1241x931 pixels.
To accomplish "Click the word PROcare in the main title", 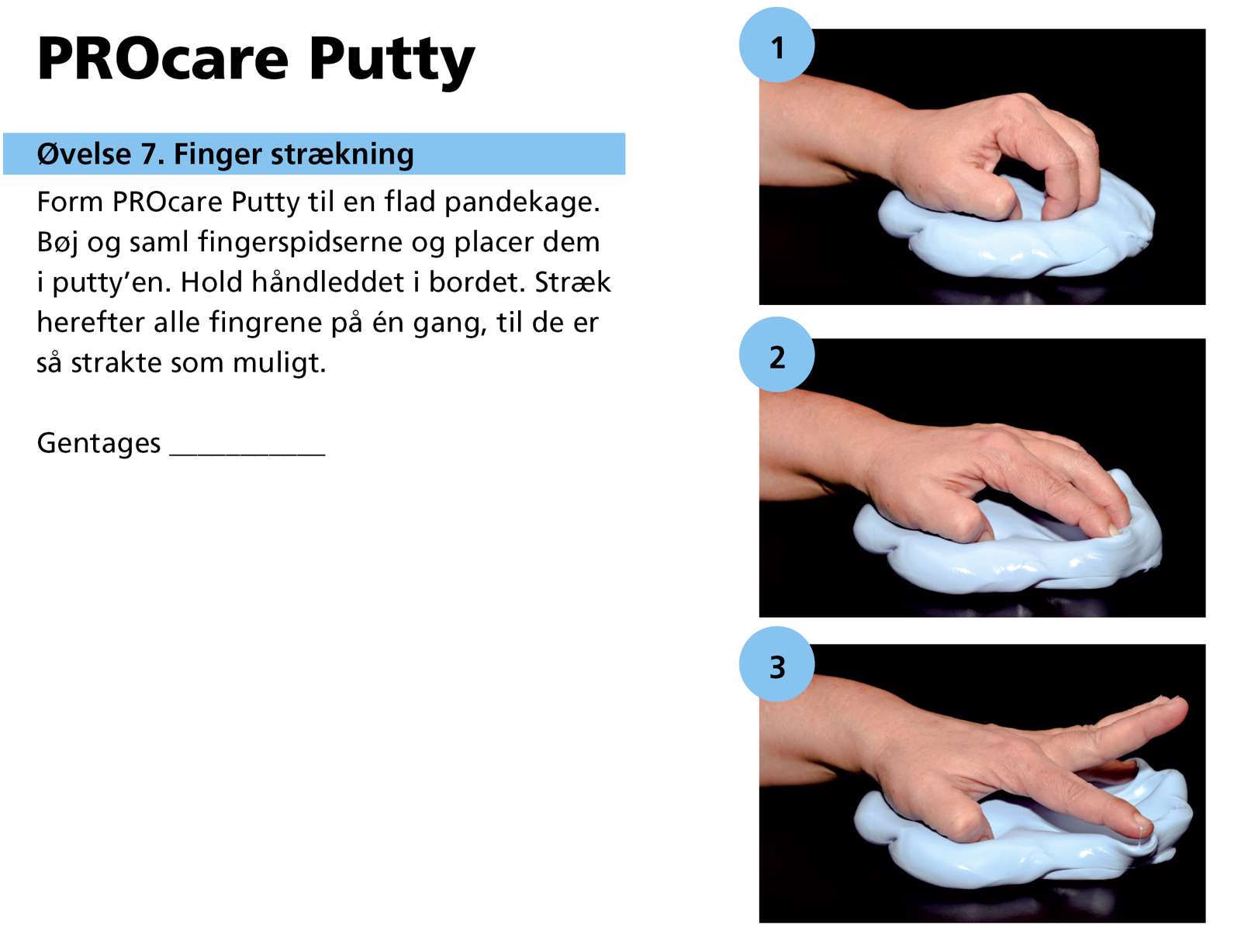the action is (x=163, y=59).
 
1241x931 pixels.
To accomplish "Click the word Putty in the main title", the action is (x=392, y=62).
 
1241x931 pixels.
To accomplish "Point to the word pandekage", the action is (x=522, y=202).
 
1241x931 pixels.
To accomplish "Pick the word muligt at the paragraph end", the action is (x=279, y=363).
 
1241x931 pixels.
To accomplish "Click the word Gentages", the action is (x=99, y=444).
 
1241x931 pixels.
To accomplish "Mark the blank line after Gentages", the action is (x=247, y=454).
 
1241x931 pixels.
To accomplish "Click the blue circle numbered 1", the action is (x=777, y=45).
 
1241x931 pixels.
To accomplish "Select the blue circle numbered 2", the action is (x=777, y=355).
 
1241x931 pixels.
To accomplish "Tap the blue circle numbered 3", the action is (x=777, y=665).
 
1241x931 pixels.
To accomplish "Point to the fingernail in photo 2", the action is (x=1113, y=530).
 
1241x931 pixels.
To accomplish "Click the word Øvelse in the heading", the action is (x=85, y=154).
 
